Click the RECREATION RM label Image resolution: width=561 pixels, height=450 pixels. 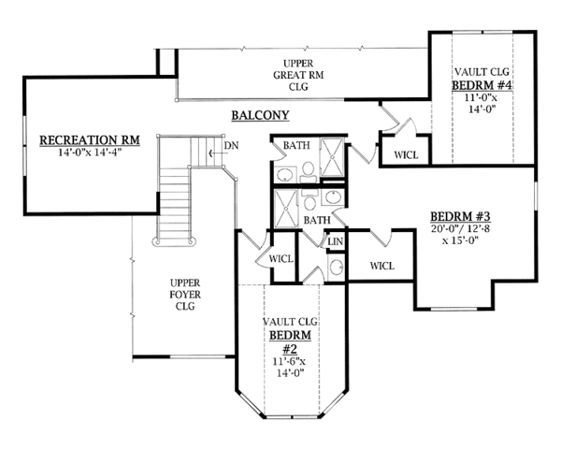point(89,140)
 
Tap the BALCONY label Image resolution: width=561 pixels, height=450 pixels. point(260,116)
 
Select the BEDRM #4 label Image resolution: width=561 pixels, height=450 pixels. point(482,85)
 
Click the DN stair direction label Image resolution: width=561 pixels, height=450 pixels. point(230,147)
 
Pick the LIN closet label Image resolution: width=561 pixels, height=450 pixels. point(334,242)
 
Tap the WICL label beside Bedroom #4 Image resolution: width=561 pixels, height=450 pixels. point(406,153)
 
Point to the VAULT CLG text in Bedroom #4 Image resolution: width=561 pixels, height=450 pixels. point(482,71)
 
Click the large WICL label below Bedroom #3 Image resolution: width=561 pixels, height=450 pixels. point(382,266)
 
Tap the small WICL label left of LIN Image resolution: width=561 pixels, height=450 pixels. point(281,257)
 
